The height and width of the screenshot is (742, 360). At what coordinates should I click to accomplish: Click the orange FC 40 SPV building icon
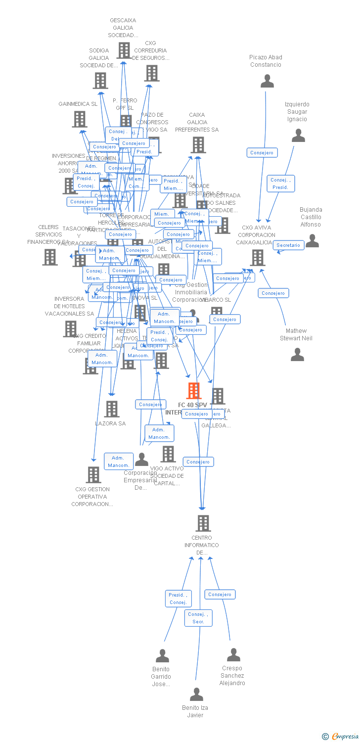(x=194, y=391)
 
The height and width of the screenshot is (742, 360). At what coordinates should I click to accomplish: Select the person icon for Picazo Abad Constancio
(x=267, y=81)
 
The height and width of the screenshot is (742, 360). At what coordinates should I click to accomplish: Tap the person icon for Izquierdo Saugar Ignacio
(x=298, y=136)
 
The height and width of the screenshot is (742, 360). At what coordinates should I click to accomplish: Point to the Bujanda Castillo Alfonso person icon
(x=312, y=241)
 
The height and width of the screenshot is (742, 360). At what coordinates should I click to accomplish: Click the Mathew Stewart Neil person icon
(x=297, y=354)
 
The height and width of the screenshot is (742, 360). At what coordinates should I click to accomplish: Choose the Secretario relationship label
(x=288, y=245)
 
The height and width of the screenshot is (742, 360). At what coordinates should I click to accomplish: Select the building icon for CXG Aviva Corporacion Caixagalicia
(x=258, y=258)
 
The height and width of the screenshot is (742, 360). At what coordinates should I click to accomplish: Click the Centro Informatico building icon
(x=203, y=523)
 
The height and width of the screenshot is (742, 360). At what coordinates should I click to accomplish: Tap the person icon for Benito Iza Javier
(x=196, y=694)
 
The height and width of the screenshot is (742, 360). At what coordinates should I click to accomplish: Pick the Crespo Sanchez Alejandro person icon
(x=233, y=655)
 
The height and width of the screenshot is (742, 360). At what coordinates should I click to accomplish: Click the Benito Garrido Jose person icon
(x=162, y=656)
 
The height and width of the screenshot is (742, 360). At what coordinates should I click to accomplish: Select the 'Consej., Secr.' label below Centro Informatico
(x=198, y=618)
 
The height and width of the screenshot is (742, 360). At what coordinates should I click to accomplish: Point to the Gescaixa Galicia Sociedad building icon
(x=124, y=50)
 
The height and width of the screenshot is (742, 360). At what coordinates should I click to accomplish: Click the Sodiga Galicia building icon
(x=100, y=81)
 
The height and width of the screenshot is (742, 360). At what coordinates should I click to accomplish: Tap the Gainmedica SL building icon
(x=80, y=119)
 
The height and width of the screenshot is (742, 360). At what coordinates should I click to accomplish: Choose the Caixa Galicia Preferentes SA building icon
(x=198, y=145)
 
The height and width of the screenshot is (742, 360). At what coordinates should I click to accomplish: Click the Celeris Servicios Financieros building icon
(x=50, y=257)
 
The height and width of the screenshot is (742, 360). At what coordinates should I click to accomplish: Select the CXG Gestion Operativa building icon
(x=93, y=475)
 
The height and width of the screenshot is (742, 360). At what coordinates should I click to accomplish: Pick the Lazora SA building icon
(x=112, y=409)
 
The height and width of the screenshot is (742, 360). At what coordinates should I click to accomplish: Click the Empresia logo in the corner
(x=341, y=737)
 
